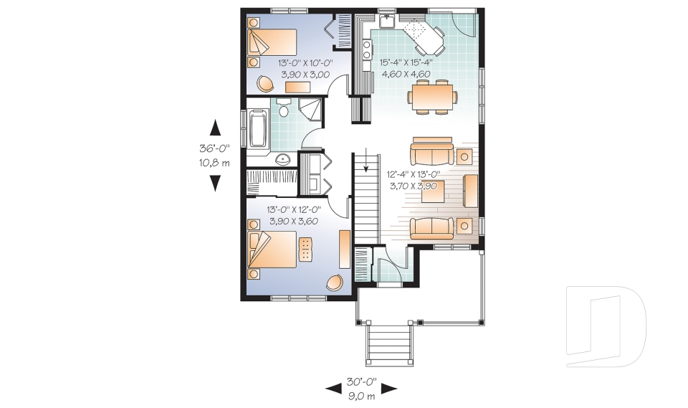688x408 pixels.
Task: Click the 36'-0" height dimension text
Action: coord(214,150)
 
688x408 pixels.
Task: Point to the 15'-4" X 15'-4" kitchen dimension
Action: coord(406,62)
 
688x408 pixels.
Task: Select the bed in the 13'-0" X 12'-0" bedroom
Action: coord(272,252)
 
